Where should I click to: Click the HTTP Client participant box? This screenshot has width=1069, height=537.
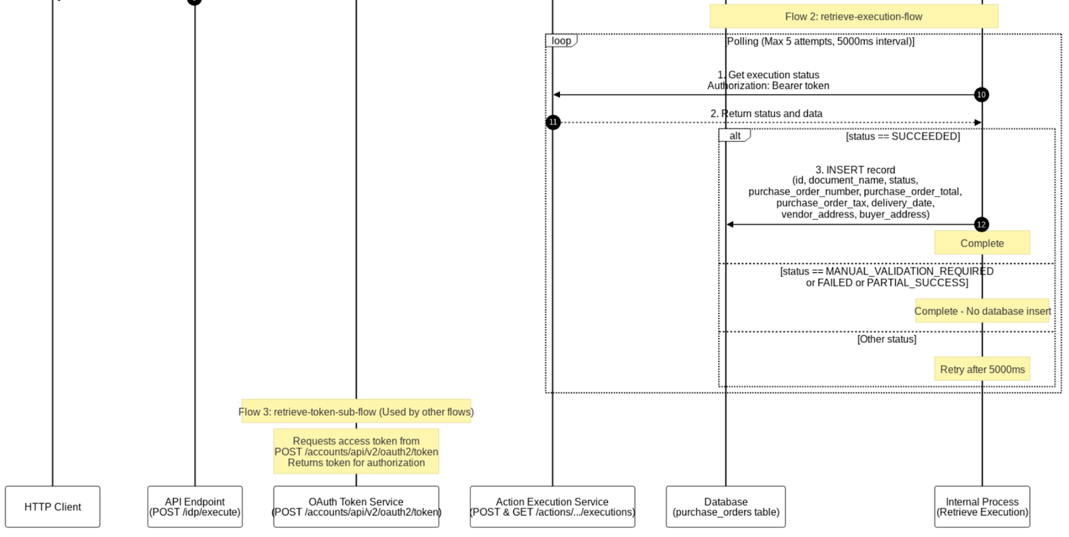53,507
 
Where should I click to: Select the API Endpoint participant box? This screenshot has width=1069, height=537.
195,507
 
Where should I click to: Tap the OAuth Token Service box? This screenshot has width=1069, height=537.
356,507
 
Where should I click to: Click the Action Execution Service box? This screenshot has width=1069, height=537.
553,507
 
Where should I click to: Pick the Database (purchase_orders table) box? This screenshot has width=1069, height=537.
726,507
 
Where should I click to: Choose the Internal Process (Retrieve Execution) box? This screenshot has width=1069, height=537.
982,507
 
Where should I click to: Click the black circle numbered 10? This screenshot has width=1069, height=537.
981,95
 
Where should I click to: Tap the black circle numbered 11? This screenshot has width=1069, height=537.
553,122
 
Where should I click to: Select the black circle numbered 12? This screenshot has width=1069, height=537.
981,225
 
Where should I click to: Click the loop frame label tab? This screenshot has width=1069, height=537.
561,41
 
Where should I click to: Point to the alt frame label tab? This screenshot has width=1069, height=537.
735,136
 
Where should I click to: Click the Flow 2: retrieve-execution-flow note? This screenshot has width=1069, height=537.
853,17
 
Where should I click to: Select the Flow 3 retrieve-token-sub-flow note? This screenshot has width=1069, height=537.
356,412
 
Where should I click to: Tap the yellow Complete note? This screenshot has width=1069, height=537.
982,243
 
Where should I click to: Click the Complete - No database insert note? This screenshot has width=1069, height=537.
982,311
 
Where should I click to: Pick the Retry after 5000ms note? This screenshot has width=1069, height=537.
982,369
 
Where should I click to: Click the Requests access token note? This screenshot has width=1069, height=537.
356,452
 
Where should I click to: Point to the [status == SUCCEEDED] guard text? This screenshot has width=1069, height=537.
903,136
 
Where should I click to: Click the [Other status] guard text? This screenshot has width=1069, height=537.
887,340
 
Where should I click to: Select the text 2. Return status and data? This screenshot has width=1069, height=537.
766,114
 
